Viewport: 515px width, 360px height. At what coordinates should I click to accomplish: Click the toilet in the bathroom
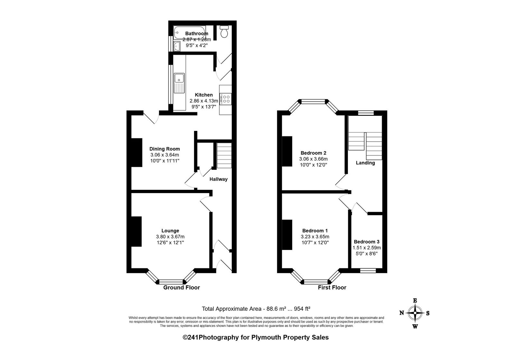[x=224, y=32]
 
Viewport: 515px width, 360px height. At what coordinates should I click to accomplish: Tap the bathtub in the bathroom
[x=190, y=32]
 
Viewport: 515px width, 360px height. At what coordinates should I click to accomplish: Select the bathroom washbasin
[x=177, y=46]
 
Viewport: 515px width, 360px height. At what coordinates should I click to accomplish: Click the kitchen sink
[x=179, y=83]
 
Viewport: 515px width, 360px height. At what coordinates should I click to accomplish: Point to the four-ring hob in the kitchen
[x=225, y=99]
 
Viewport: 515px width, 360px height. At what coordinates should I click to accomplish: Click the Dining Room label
[x=164, y=149]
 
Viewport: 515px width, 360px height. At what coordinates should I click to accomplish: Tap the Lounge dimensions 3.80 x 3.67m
[x=170, y=237]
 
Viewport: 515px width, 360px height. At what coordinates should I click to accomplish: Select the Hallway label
[x=219, y=179]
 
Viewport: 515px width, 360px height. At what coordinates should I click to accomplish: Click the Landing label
[x=365, y=163]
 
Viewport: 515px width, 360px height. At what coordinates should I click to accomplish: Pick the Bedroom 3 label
[x=367, y=242]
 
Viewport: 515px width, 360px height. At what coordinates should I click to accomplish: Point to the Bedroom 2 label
[x=314, y=153]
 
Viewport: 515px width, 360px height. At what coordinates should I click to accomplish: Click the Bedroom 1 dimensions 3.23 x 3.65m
[x=315, y=237]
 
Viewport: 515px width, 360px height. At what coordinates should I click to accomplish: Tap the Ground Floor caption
[x=182, y=287]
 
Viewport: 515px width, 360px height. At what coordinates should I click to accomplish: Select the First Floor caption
[x=332, y=287]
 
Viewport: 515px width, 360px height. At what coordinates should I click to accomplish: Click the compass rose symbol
[x=415, y=313]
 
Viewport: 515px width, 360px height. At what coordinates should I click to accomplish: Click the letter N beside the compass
[x=402, y=313]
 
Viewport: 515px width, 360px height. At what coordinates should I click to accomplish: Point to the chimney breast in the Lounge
[x=136, y=231]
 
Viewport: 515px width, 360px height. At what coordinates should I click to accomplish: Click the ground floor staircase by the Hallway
[x=224, y=155]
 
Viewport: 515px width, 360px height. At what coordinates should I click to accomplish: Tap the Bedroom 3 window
[x=368, y=271]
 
